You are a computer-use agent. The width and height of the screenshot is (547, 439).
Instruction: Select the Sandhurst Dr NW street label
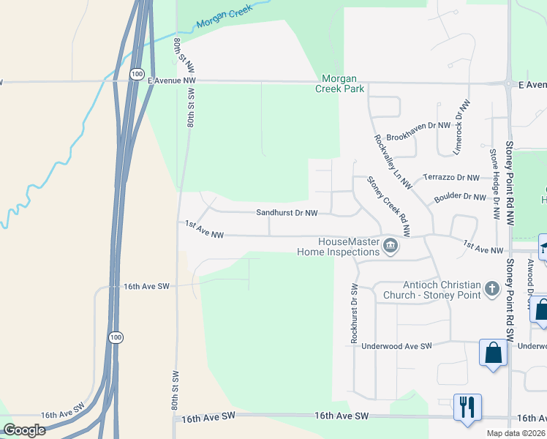[x=287, y=213]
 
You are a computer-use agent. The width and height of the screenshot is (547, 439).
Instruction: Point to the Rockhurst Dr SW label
[x=354, y=314]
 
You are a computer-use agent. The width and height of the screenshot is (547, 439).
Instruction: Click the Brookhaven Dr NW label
[x=418, y=126]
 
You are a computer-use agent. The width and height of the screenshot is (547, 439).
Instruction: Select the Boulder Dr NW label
[x=459, y=196]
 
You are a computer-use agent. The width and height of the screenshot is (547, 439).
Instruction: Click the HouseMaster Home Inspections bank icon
[x=391, y=246]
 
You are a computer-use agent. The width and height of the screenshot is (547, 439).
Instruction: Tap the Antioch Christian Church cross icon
[x=491, y=289]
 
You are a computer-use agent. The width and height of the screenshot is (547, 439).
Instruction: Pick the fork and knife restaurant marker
[x=467, y=406]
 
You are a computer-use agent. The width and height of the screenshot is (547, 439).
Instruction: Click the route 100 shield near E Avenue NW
[x=137, y=74]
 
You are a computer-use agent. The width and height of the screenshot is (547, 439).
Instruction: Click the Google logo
[x=25, y=430]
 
